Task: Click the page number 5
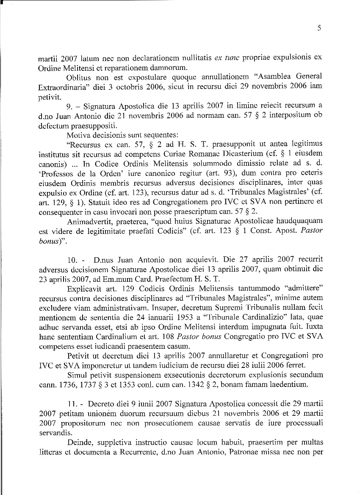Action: coord(319,29)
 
